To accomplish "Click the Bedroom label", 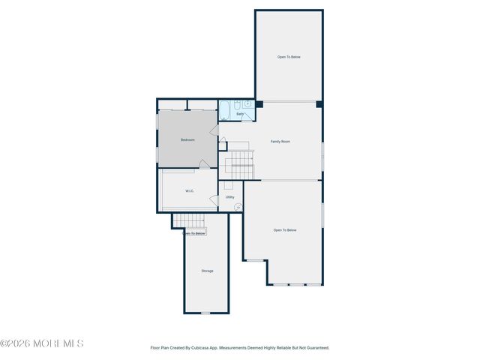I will point(187,140).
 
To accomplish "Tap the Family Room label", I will point(280,142).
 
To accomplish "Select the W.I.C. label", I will point(190,191).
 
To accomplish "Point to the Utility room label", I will point(230,197).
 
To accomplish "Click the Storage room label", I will point(207,271).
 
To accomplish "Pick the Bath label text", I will point(240,114).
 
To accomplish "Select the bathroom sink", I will point(247,104).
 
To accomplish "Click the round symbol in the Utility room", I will point(238,207).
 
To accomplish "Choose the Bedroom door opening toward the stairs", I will point(213,131).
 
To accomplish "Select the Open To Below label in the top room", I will point(289,56).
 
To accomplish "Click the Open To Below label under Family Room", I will point(285,230).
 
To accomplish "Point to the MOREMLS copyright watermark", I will point(42,343).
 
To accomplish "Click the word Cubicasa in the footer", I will point(213,348).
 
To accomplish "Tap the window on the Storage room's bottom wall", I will point(206,313).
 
